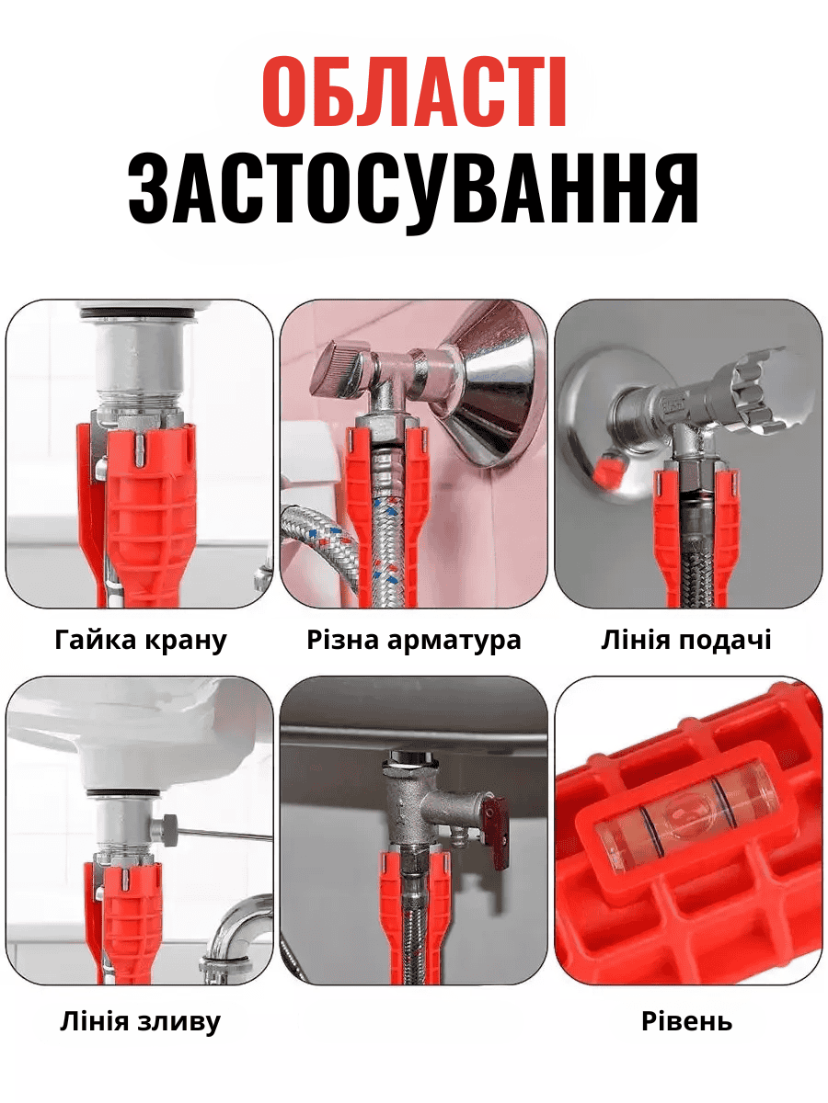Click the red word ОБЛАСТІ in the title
click(414, 92)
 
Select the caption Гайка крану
click(140, 641)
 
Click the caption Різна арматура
click(414, 640)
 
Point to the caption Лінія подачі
click(686, 640)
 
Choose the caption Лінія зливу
click(140, 1021)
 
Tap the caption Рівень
click(686, 1021)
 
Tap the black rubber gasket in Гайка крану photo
click(136, 314)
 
